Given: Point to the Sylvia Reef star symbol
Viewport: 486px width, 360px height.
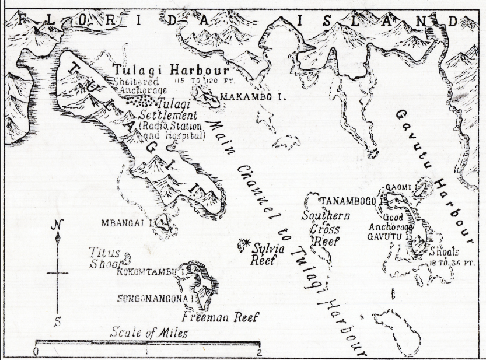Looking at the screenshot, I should pyautogui.click(x=244, y=242).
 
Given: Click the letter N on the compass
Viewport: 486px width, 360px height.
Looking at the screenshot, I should pyautogui.click(x=55, y=224).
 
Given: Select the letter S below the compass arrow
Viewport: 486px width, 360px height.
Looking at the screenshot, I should pyautogui.click(x=57, y=320).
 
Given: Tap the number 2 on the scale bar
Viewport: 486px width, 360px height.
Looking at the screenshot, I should pyautogui.click(x=259, y=351).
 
